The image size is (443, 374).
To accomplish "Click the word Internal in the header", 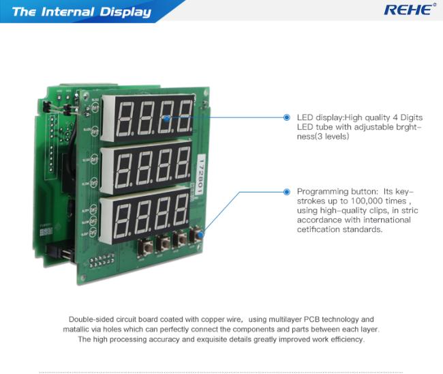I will pos(73,12).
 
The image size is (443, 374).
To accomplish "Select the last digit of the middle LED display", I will pos(182,163).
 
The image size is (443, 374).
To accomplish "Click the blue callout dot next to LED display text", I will pos(287,117).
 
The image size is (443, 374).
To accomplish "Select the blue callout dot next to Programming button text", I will pos(287,192).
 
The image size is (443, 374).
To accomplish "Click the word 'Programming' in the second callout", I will pos(322,192).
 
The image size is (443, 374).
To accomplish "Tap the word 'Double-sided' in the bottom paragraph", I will pos(90,319).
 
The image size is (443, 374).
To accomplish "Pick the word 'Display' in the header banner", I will pos(126,12).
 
